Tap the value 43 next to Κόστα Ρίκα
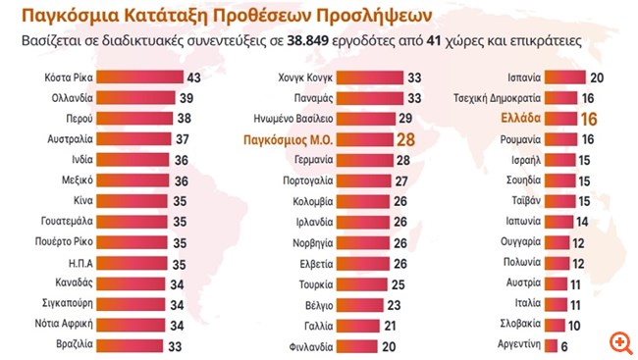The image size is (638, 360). coord(193,77)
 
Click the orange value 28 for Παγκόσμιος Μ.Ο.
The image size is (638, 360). coord(404,140)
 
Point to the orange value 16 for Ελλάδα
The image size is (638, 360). coord(590,119)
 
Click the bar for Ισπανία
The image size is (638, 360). coord(565,77)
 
